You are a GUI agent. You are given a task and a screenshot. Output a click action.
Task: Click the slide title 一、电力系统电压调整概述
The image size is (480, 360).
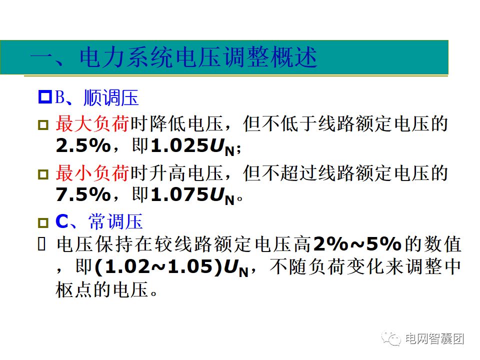[x=173, y=58]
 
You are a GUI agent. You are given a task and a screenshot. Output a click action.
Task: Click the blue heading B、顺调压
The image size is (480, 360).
[x=96, y=98]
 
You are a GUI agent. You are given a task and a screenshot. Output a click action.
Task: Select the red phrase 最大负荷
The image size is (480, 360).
[x=92, y=123]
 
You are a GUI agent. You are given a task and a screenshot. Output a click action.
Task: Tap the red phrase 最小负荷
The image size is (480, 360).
[x=92, y=173]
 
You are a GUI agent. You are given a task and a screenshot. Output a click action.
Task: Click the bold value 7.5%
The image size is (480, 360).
[x=83, y=195]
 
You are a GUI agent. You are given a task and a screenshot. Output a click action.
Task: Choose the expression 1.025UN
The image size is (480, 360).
[x=192, y=146]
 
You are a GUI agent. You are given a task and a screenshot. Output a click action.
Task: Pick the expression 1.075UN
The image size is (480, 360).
[x=192, y=196]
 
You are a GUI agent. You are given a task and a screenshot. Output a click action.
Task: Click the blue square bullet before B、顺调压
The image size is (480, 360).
[x=45, y=98]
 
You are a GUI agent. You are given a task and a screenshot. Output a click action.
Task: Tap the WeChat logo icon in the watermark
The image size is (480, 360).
[x=391, y=338]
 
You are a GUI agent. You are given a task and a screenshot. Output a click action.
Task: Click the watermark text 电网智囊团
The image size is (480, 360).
[x=434, y=338]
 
